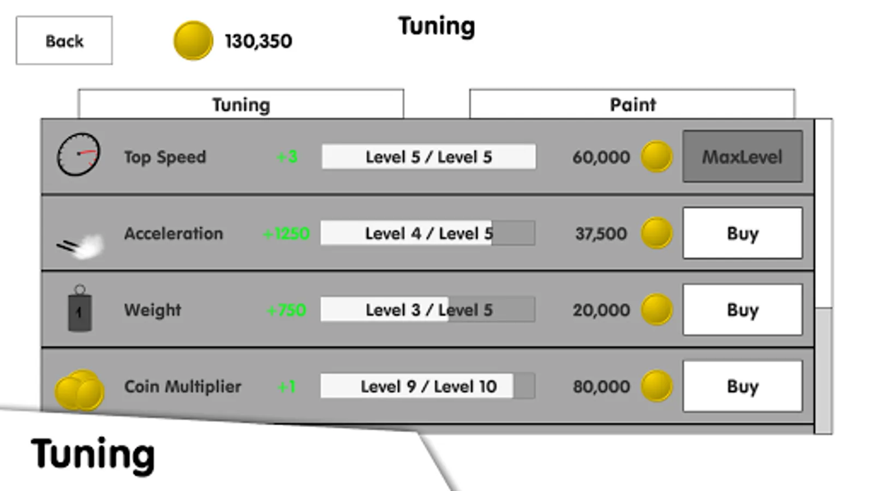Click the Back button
click(x=64, y=40)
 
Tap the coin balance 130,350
click(x=258, y=41)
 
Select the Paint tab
click(x=632, y=104)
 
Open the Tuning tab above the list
click(x=241, y=104)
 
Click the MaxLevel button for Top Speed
click(x=742, y=157)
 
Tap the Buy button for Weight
click(x=742, y=309)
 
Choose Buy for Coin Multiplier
click(x=742, y=386)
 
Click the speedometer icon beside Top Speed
click(x=79, y=154)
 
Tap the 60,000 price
click(x=601, y=157)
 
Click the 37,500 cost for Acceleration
click(x=601, y=233)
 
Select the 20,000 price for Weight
click(x=601, y=310)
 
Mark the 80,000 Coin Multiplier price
click(x=601, y=386)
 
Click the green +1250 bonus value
click(x=286, y=233)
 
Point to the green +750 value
click(x=286, y=310)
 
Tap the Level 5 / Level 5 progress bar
click(x=428, y=157)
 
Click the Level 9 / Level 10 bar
click(x=428, y=386)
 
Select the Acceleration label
click(x=174, y=233)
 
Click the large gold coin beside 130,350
click(x=193, y=40)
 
